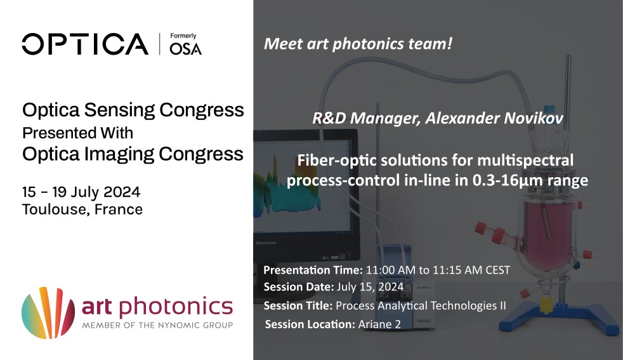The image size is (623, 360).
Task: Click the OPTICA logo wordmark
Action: pos(85,44)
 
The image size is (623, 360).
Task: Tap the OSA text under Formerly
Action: pos(185,48)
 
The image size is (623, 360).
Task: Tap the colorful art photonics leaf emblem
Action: pos(48,312)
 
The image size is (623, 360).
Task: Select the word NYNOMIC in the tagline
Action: pos(178,325)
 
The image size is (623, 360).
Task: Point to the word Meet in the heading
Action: pos(284,44)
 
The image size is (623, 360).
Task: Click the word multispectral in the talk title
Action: pos(525,161)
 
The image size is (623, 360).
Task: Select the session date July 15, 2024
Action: pos(371,287)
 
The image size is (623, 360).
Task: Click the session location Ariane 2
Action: pos(379,324)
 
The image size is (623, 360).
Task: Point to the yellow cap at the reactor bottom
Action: pos(546,305)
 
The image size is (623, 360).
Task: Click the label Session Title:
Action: pos(298,305)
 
